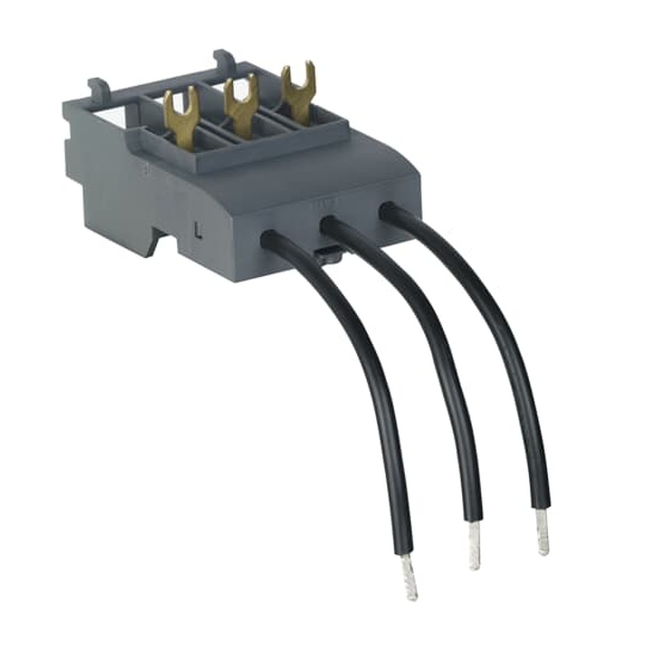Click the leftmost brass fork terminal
pyautogui.click(x=181, y=117)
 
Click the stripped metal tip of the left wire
pyautogui.click(x=409, y=577)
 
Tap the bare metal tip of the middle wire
pyautogui.click(x=475, y=546)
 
